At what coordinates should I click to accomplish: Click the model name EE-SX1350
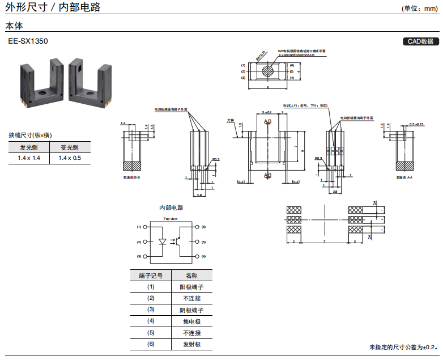[28, 41]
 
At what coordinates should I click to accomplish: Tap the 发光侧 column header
[29, 147]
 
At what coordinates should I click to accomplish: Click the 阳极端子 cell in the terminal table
[191, 287]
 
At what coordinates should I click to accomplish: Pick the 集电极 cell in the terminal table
[191, 321]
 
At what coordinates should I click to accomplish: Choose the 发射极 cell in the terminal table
[191, 344]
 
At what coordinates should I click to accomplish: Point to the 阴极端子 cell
[191, 310]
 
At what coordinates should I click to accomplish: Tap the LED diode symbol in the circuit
[163, 241]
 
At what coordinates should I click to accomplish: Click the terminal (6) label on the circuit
[203, 227]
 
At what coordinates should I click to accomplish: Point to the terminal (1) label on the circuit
[139, 227]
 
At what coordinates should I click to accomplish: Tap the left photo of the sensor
[37, 82]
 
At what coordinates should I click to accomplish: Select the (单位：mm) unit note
[420, 9]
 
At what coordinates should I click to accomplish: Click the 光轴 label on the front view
[230, 120]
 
